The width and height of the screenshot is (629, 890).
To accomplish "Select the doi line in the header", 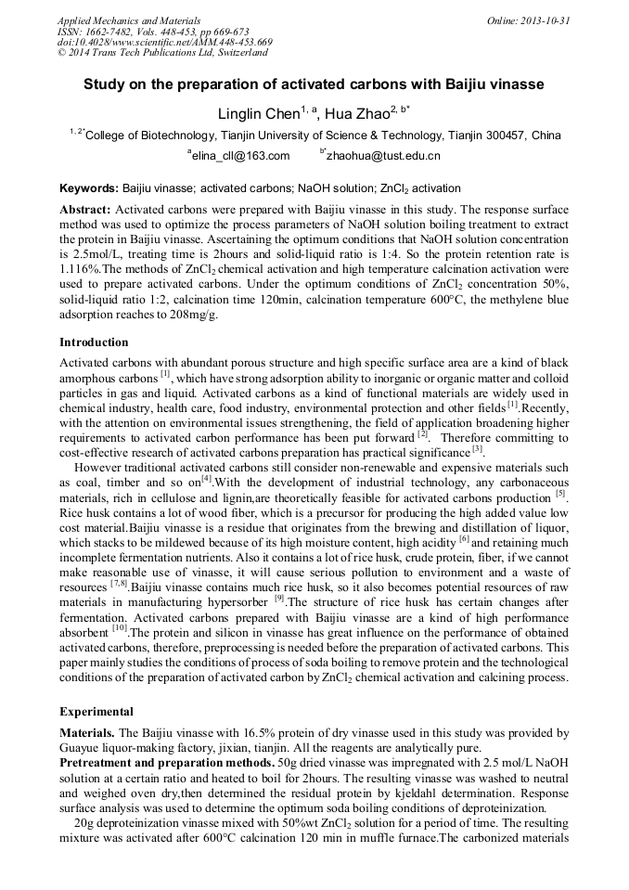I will tap(164, 42).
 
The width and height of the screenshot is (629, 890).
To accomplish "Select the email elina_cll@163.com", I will tap(240, 156).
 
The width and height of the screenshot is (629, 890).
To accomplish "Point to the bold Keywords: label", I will tap(89, 187).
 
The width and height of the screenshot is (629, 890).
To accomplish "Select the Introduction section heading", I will tap(94, 342).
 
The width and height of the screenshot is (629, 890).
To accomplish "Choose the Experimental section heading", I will tap(96, 711).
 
